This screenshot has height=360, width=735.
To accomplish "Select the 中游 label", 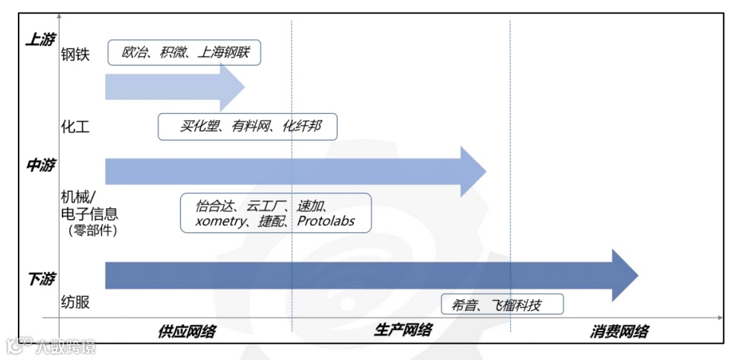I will pyautogui.click(x=40, y=165).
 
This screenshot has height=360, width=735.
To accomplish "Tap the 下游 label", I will pyautogui.click(x=40, y=280).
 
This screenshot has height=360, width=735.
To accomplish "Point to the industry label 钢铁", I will pyautogui.click(x=75, y=54).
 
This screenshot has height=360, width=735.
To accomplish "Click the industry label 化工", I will pyautogui.click(x=75, y=127).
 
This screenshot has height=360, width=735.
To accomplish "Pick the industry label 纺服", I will pyautogui.click(x=75, y=303).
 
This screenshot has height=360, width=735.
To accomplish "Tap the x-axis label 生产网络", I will pyautogui.click(x=402, y=330).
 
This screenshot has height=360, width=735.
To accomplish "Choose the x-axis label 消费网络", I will pyautogui.click(x=620, y=331).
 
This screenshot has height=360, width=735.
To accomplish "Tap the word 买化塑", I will pyautogui.click(x=199, y=126).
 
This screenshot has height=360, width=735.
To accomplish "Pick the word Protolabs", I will pyautogui.click(x=326, y=220).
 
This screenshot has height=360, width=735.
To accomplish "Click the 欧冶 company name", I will pyautogui.click(x=134, y=54).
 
